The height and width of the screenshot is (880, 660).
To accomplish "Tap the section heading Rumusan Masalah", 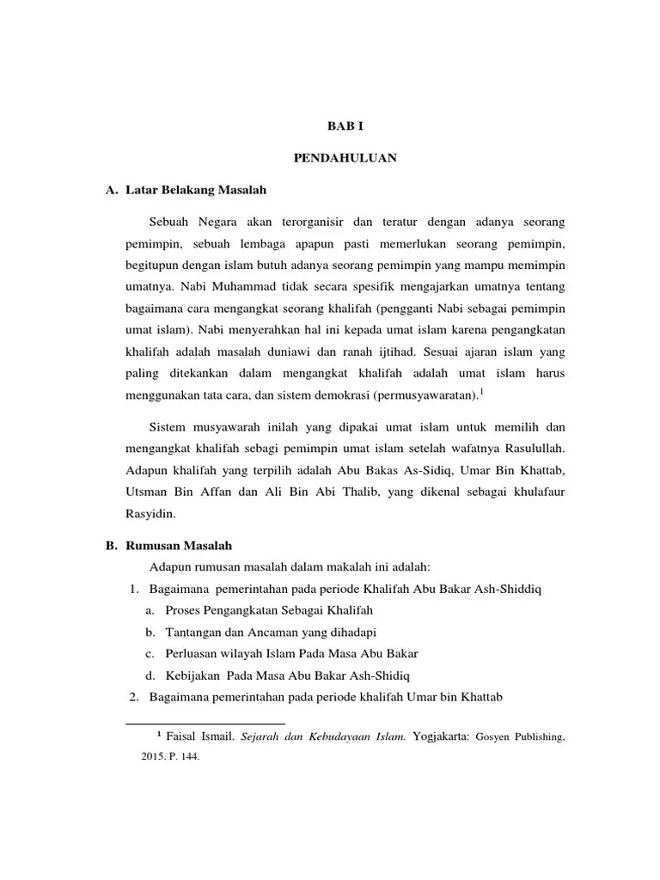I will (x=180, y=546).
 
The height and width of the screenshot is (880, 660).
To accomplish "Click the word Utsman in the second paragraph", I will (x=144, y=492).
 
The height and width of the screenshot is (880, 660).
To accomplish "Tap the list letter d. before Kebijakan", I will (x=150, y=675).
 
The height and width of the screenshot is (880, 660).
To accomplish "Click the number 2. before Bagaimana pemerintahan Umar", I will (x=134, y=696).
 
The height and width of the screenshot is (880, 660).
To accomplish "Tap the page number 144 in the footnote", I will (x=188, y=759).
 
